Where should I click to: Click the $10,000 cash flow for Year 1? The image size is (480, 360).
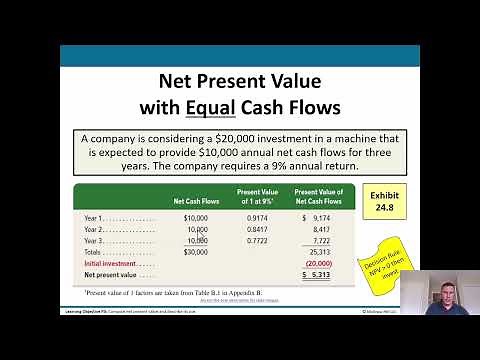pos(196,217)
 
